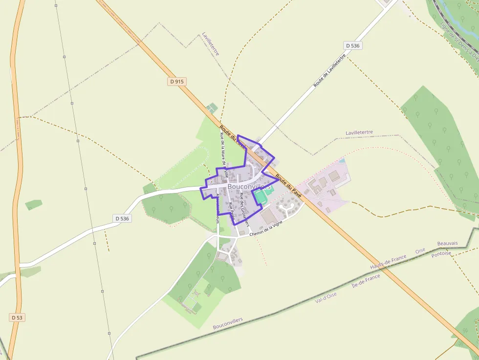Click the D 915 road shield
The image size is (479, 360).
coord(177,82)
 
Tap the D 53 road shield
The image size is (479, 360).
coord(17,318)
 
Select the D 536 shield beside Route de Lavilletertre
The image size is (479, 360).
coord(352,45)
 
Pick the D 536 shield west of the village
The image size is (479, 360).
coord(122,218)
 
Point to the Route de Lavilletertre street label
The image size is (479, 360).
coord(329,71)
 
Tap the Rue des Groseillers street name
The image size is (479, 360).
coord(244,209)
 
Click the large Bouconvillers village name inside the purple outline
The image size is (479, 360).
coord(249,187)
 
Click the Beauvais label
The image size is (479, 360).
coord(447,243)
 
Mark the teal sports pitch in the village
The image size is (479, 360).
coord(261,197)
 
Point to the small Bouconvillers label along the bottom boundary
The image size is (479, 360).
coord(228,323)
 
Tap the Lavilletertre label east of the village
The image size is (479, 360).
coord(359,132)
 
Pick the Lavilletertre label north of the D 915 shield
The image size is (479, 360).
coord(211,44)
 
